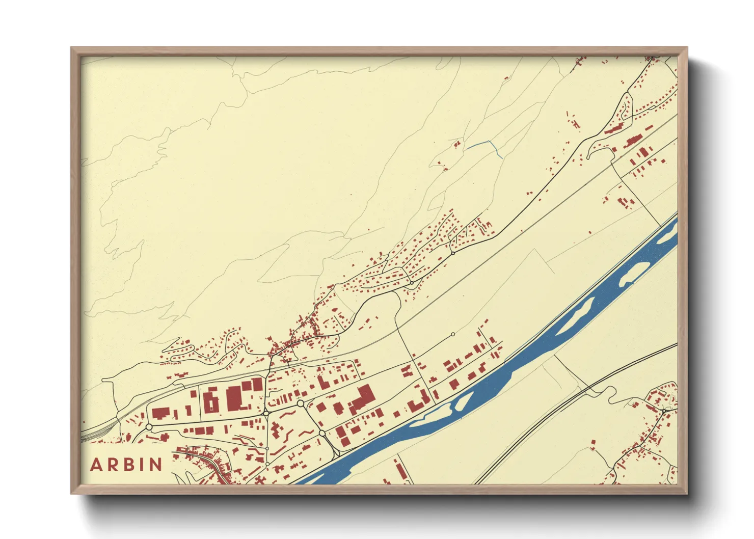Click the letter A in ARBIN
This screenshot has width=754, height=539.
(96, 465)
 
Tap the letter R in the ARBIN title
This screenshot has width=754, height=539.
(113, 465)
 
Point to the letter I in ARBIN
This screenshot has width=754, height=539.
(142, 465)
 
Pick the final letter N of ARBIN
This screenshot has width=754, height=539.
(155, 465)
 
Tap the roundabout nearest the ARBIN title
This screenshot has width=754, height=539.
(149, 427)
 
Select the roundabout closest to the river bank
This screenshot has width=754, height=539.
(322, 434)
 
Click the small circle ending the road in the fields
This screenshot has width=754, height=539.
(453, 335)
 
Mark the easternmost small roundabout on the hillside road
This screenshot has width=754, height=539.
(452, 253)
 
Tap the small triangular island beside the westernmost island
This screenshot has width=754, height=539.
(463, 402)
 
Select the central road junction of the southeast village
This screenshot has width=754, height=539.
(664, 410)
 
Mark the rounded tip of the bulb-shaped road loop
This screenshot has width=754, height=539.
(591, 153)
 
